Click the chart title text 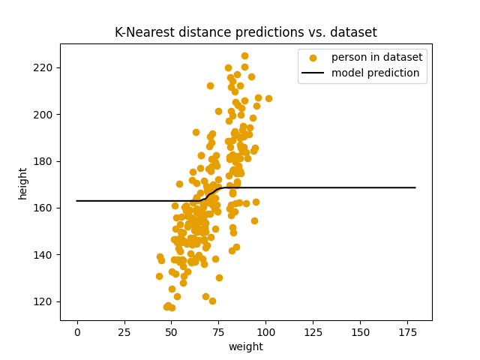point(245,32)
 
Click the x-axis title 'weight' point(245,346)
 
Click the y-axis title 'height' point(22,182)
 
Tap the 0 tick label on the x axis point(77,331)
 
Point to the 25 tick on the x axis point(124,331)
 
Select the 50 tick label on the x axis point(172,331)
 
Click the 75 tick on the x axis point(219,331)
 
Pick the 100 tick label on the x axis point(265,331)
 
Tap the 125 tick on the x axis point(313,331)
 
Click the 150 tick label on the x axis point(360,331)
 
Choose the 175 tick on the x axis point(407,331)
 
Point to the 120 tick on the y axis point(46,301)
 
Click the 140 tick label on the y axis point(46,255)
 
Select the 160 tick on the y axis point(46,208)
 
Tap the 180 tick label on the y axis point(46,161)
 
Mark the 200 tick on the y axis point(46,115)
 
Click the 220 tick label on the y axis point(46,67)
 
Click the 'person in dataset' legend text point(376,58)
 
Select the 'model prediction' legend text point(376,73)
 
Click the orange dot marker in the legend point(313,58)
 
